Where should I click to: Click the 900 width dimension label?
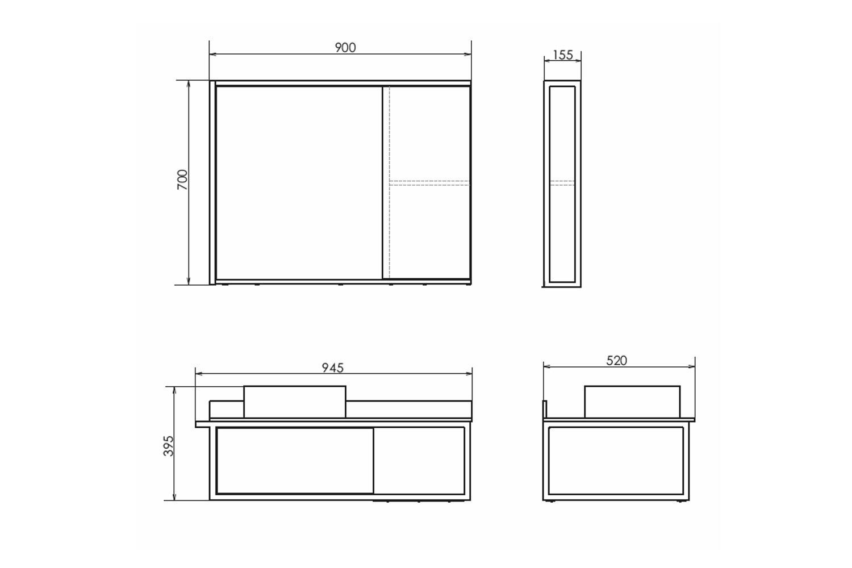coord(345,48)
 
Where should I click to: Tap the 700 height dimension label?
coord(182,179)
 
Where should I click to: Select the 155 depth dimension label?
coord(562,55)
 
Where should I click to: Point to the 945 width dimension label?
coord(333,368)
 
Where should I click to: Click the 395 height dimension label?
coord(168,446)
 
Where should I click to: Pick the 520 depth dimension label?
coord(616,360)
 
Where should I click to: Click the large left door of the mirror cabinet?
coord(299,183)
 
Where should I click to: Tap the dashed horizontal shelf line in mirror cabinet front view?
coord(429,183)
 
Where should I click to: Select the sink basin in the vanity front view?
coord(295,402)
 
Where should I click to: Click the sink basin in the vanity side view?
coord(632,402)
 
